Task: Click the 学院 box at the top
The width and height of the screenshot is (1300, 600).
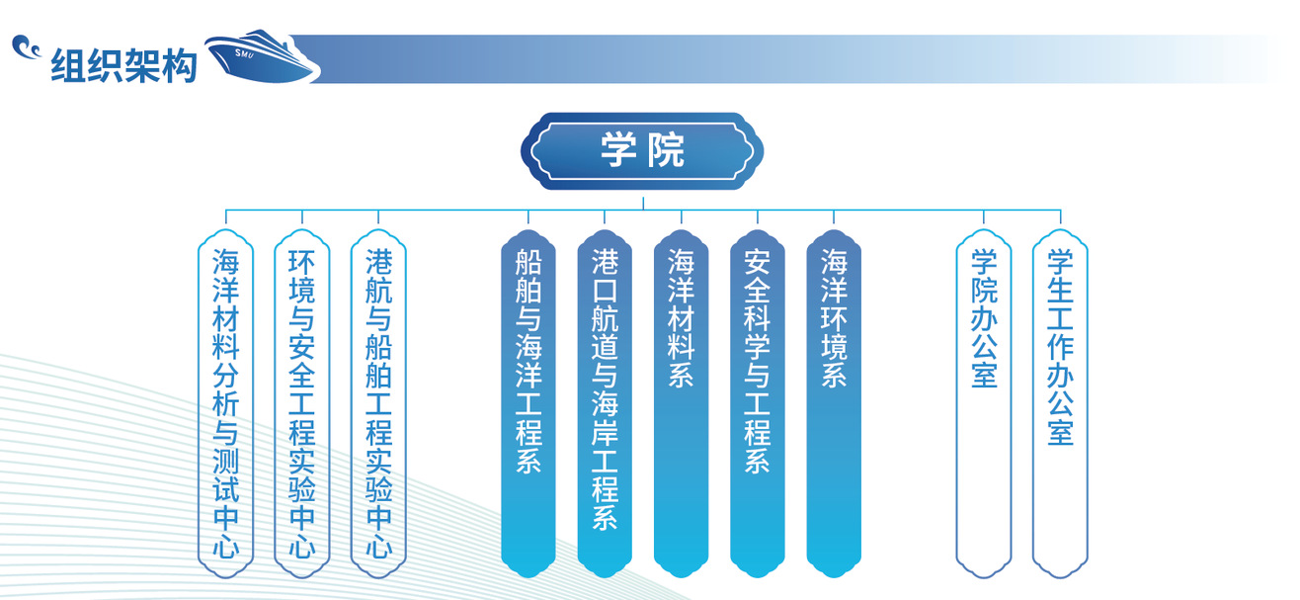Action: (x=642, y=151)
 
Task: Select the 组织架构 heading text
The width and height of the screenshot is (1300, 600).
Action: (x=124, y=65)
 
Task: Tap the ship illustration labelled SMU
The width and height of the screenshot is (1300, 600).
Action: (x=261, y=56)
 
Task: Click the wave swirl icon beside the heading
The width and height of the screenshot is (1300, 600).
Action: (x=26, y=47)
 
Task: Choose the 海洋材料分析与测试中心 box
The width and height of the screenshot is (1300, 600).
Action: (x=226, y=403)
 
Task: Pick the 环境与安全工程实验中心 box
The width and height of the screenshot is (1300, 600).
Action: (x=302, y=403)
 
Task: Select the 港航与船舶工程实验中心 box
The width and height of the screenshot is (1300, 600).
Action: (x=378, y=403)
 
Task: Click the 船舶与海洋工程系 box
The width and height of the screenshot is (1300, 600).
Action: (x=528, y=403)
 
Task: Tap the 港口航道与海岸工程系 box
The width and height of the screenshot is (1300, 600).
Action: (x=605, y=403)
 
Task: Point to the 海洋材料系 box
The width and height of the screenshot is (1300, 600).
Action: (x=682, y=403)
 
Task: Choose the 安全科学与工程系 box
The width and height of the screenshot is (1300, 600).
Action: (x=758, y=403)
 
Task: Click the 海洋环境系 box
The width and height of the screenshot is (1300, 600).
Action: (x=834, y=403)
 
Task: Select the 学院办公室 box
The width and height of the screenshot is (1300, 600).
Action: (x=984, y=403)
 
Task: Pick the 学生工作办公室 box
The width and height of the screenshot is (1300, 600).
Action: (x=1060, y=403)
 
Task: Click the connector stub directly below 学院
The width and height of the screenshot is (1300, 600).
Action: (x=643, y=204)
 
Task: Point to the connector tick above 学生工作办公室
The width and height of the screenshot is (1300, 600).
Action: (x=1060, y=216)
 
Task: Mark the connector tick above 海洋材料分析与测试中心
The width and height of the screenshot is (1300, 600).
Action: (x=226, y=216)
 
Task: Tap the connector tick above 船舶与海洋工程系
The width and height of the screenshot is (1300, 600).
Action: (x=528, y=216)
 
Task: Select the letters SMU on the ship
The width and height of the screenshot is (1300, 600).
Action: (x=244, y=53)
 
